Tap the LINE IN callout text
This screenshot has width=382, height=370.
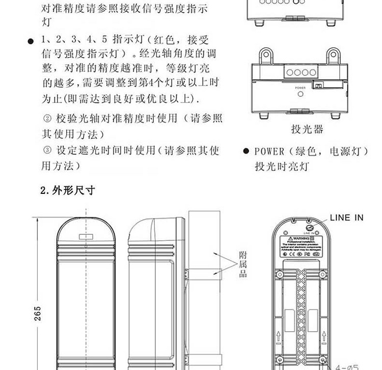(346, 218)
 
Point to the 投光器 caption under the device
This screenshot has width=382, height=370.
(307, 129)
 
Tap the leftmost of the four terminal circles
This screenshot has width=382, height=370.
(290, 72)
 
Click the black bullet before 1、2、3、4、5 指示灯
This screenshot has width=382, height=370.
(31, 41)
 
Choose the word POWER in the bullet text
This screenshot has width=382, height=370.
(269, 152)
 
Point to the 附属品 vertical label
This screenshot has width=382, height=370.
(243, 264)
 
